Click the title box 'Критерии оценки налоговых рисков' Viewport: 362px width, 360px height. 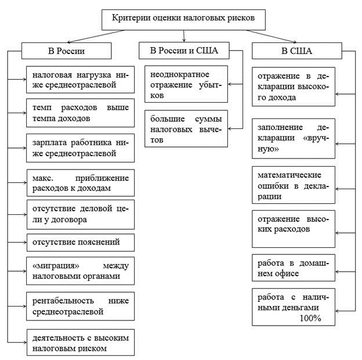pyautogui.click(x=183, y=20)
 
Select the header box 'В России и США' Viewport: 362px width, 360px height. pyautogui.click(x=184, y=51)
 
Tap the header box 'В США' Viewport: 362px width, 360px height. pyautogui.click(x=297, y=51)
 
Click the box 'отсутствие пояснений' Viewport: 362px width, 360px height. pyautogui.click(x=81, y=242)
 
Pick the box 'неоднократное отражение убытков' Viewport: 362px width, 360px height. pyautogui.click(x=186, y=84)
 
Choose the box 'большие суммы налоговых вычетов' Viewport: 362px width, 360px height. pyautogui.click(x=186, y=128)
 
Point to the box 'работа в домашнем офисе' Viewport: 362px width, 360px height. pyautogui.click(x=294, y=268)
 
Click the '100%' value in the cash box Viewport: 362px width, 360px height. pyautogui.click(x=310, y=318)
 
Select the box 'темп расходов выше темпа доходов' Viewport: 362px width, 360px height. pyautogui.click(x=80, y=113)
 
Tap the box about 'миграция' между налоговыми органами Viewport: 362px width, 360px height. pyautogui.click(x=80, y=271)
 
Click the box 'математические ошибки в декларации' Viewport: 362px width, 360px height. pyautogui.click(x=294, y=185)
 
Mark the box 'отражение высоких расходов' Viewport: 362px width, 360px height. pyautogui.click(x=294, y=229)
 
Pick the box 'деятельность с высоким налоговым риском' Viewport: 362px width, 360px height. pyautogui.click(x=81, y=343)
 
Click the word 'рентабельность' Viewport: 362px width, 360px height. pyautogui.click(x=63, y=301)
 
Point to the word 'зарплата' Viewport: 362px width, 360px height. pyautogui.click(x=49, y=143)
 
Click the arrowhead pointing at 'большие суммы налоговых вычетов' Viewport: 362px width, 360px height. pyautogui.click(x=230, y=128)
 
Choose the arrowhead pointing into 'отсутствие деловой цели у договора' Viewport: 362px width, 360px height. pyautogui.click(x=25, y=214)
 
